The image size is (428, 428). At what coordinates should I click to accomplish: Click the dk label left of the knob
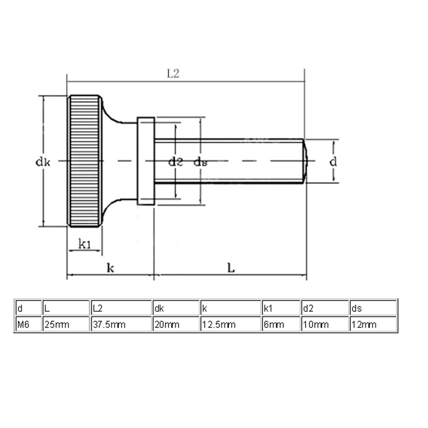coord(43,162)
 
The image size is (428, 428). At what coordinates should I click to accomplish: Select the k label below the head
coord(111,268)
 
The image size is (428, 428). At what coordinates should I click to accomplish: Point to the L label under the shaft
coord(231,268)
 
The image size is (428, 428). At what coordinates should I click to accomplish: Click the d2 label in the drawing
coord(175,162)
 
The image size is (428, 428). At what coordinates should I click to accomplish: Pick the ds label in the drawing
coord(200,162)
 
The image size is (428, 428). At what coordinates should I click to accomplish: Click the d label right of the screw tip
coord(333,161)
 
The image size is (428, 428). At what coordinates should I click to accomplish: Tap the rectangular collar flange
coord(146,160)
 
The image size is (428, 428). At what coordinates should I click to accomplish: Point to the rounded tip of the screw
coord(306,160)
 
